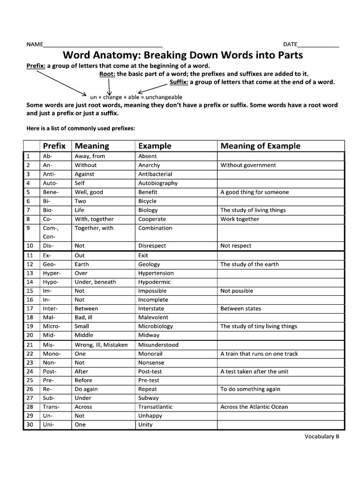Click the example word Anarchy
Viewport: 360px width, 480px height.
click(149, 165)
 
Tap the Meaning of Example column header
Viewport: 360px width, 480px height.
click(260, 146)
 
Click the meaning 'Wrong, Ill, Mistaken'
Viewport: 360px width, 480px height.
click(101, 345)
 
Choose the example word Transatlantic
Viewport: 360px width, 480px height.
click(156, 407)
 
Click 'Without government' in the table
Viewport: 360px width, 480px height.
click(248, 165)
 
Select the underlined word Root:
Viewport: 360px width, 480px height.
click(107, 74)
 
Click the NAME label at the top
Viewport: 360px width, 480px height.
click(34, 45)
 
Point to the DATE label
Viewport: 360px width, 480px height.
click(290, 45)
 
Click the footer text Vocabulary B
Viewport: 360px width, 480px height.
click(322, 436)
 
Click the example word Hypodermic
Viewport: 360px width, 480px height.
click(154, 282)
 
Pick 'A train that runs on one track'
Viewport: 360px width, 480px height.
click(259, 354)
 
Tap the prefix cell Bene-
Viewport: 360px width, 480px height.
click(50, 192)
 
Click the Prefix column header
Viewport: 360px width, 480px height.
click(54, 146)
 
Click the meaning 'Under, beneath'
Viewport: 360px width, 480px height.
click(95, 282)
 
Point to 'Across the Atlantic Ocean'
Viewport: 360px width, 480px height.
click(254, 407)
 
